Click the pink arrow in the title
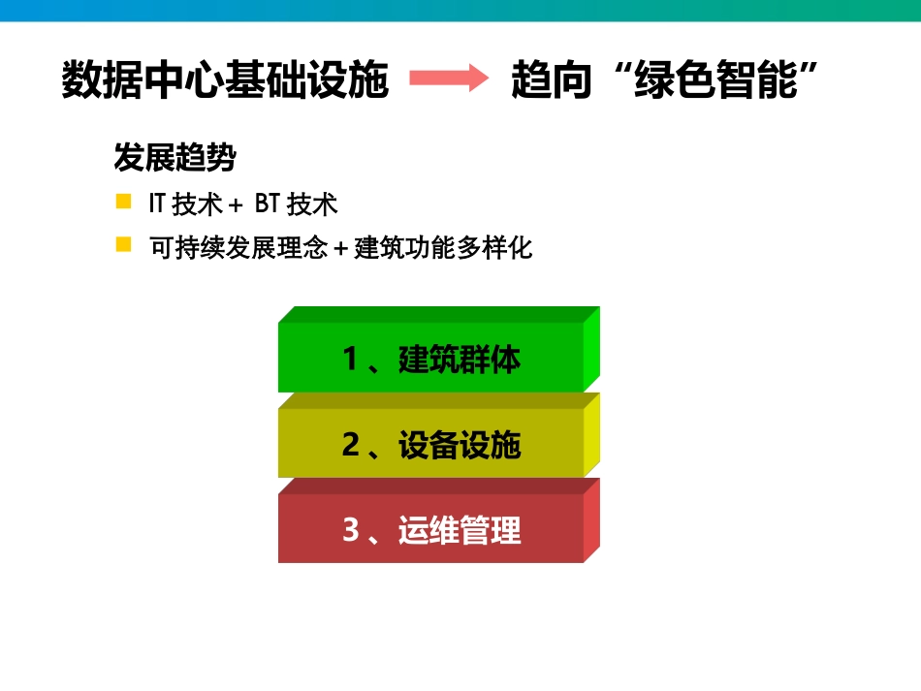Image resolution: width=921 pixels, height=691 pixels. [448, 79]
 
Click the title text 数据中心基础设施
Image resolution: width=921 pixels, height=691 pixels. [225, 79]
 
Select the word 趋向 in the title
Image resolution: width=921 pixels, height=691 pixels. [552, 79]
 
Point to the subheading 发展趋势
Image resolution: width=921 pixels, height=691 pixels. [175, 157]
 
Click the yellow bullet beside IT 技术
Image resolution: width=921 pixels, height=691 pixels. [123, 202]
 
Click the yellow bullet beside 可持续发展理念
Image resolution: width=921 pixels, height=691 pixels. [123, 244]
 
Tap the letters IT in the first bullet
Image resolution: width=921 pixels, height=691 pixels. [157, 204]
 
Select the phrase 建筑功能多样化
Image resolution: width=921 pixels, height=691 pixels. [444, 247]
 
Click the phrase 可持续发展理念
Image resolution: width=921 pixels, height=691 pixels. [238, 247]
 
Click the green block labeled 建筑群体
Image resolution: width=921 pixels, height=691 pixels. [430, 359]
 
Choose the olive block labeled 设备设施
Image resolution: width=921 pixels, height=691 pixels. [430, 444]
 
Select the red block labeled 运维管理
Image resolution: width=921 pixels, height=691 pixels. [430, 529]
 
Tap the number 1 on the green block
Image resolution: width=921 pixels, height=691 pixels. [351, 360]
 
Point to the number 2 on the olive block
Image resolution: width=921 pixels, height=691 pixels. [351, 445]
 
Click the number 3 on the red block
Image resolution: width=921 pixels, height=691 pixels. [351, 530]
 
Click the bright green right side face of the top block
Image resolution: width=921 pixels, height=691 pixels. [591, 351]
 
